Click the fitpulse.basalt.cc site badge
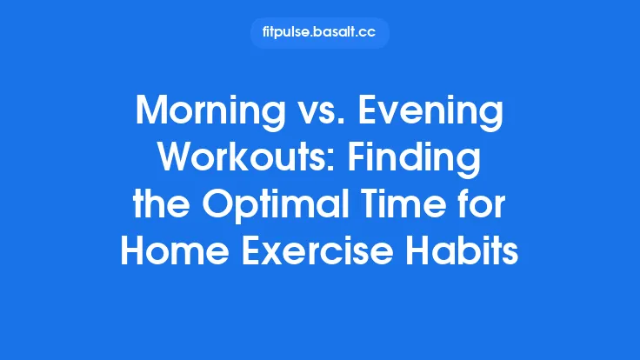(x=320, y=33)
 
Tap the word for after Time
(x=486, y=208)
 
